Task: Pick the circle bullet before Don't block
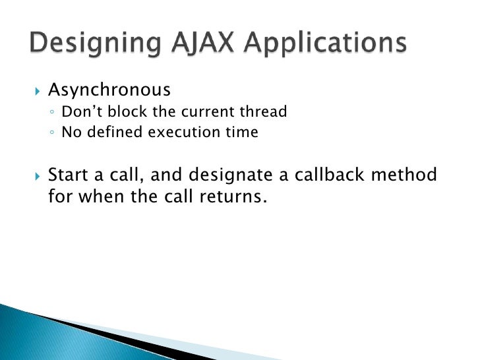coord(52,113)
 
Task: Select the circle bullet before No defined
coord(52,133)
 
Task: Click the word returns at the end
coord(233,196)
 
